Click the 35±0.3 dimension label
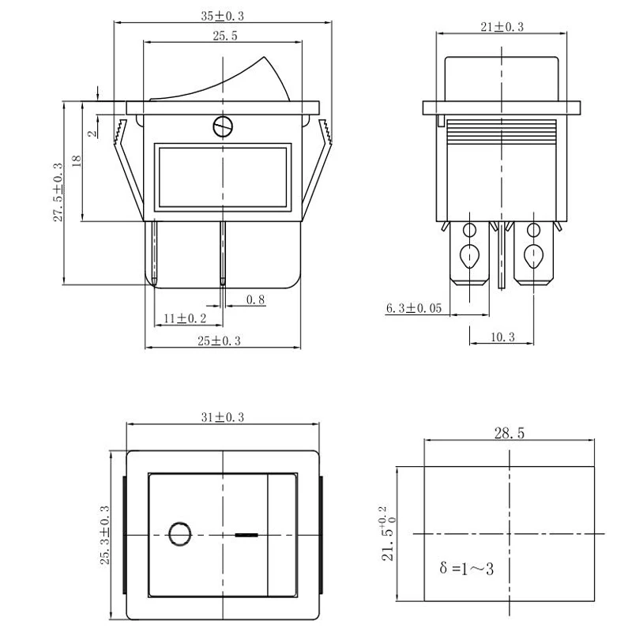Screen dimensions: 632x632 point(223,16)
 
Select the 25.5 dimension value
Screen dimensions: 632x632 point(225,36)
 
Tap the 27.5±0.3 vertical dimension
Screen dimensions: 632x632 point(58,192)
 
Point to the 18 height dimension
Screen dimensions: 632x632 point(77,161)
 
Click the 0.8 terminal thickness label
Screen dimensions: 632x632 point(255,299)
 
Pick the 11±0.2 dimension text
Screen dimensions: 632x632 point(185,318)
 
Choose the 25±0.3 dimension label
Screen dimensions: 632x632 point(219,341)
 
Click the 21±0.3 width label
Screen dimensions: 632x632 point(502,27)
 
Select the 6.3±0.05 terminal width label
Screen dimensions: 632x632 point(414,308)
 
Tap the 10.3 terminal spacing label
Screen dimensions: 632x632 point(502,337)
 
